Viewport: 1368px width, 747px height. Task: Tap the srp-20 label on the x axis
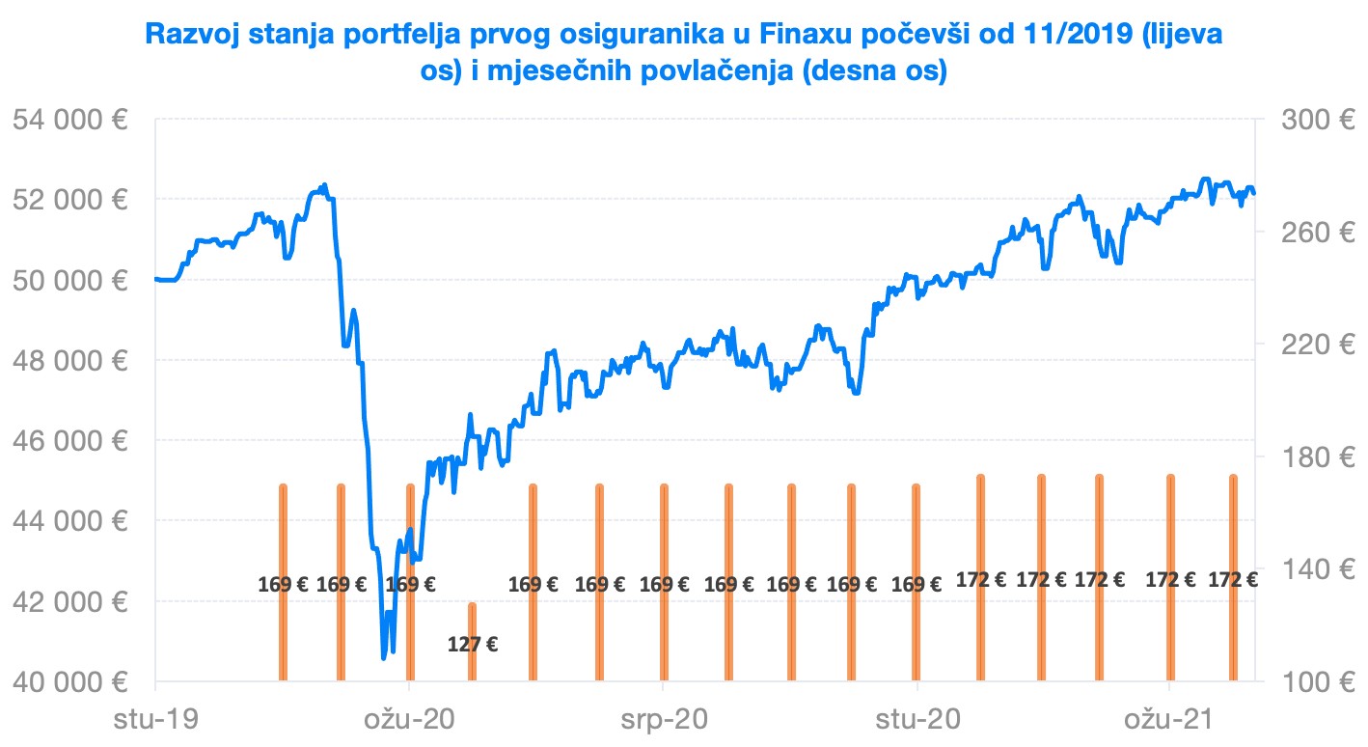coord(664,719)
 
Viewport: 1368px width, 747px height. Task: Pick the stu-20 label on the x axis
coord(917,719)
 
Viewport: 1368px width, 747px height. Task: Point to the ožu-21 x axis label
coord(1170,719)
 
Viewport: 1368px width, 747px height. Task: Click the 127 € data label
coord(473,644)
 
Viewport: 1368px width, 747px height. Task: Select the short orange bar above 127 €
coord(473,642)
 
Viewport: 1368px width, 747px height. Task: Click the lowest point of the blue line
coord(384,657)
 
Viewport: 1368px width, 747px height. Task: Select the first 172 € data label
coord(981,580)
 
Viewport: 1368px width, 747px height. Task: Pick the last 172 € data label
coord(1233,580)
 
